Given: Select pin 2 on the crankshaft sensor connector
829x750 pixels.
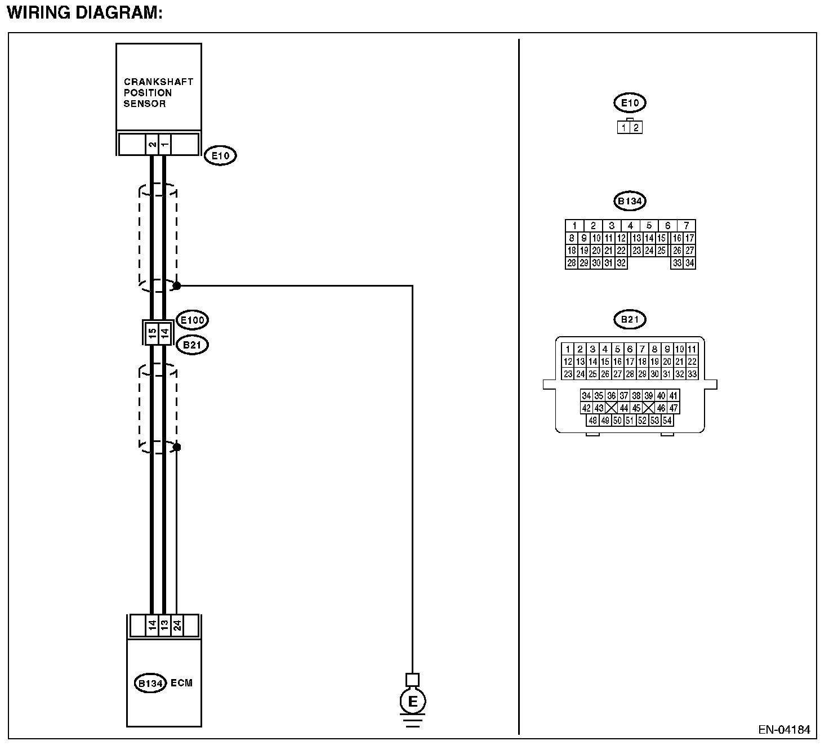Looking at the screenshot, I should [152, 144].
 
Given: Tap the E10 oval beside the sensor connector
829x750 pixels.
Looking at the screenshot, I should [220, 155].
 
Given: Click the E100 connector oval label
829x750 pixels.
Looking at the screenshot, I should [191, 320].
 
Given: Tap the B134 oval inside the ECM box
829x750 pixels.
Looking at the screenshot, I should [150, 684].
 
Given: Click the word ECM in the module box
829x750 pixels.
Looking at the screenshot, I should [181, 683].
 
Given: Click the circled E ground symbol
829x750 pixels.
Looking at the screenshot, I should [413, 702].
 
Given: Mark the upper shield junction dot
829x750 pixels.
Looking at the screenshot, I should [176, 285].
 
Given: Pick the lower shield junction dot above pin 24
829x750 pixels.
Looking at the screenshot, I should [177, 447].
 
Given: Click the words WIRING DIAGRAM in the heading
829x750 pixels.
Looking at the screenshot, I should [84, 12].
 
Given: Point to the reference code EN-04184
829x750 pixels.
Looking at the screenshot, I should [784, 730].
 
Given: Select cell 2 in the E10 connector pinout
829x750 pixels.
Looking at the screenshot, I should [636, 127].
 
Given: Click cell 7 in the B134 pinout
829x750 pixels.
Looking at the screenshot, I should [686, 226].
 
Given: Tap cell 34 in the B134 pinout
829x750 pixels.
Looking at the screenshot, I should [689, 263].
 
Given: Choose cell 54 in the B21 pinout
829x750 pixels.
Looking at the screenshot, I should [667, 421].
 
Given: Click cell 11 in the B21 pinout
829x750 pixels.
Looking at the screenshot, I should [692, 349].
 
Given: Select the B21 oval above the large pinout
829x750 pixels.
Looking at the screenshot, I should [630, 320].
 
